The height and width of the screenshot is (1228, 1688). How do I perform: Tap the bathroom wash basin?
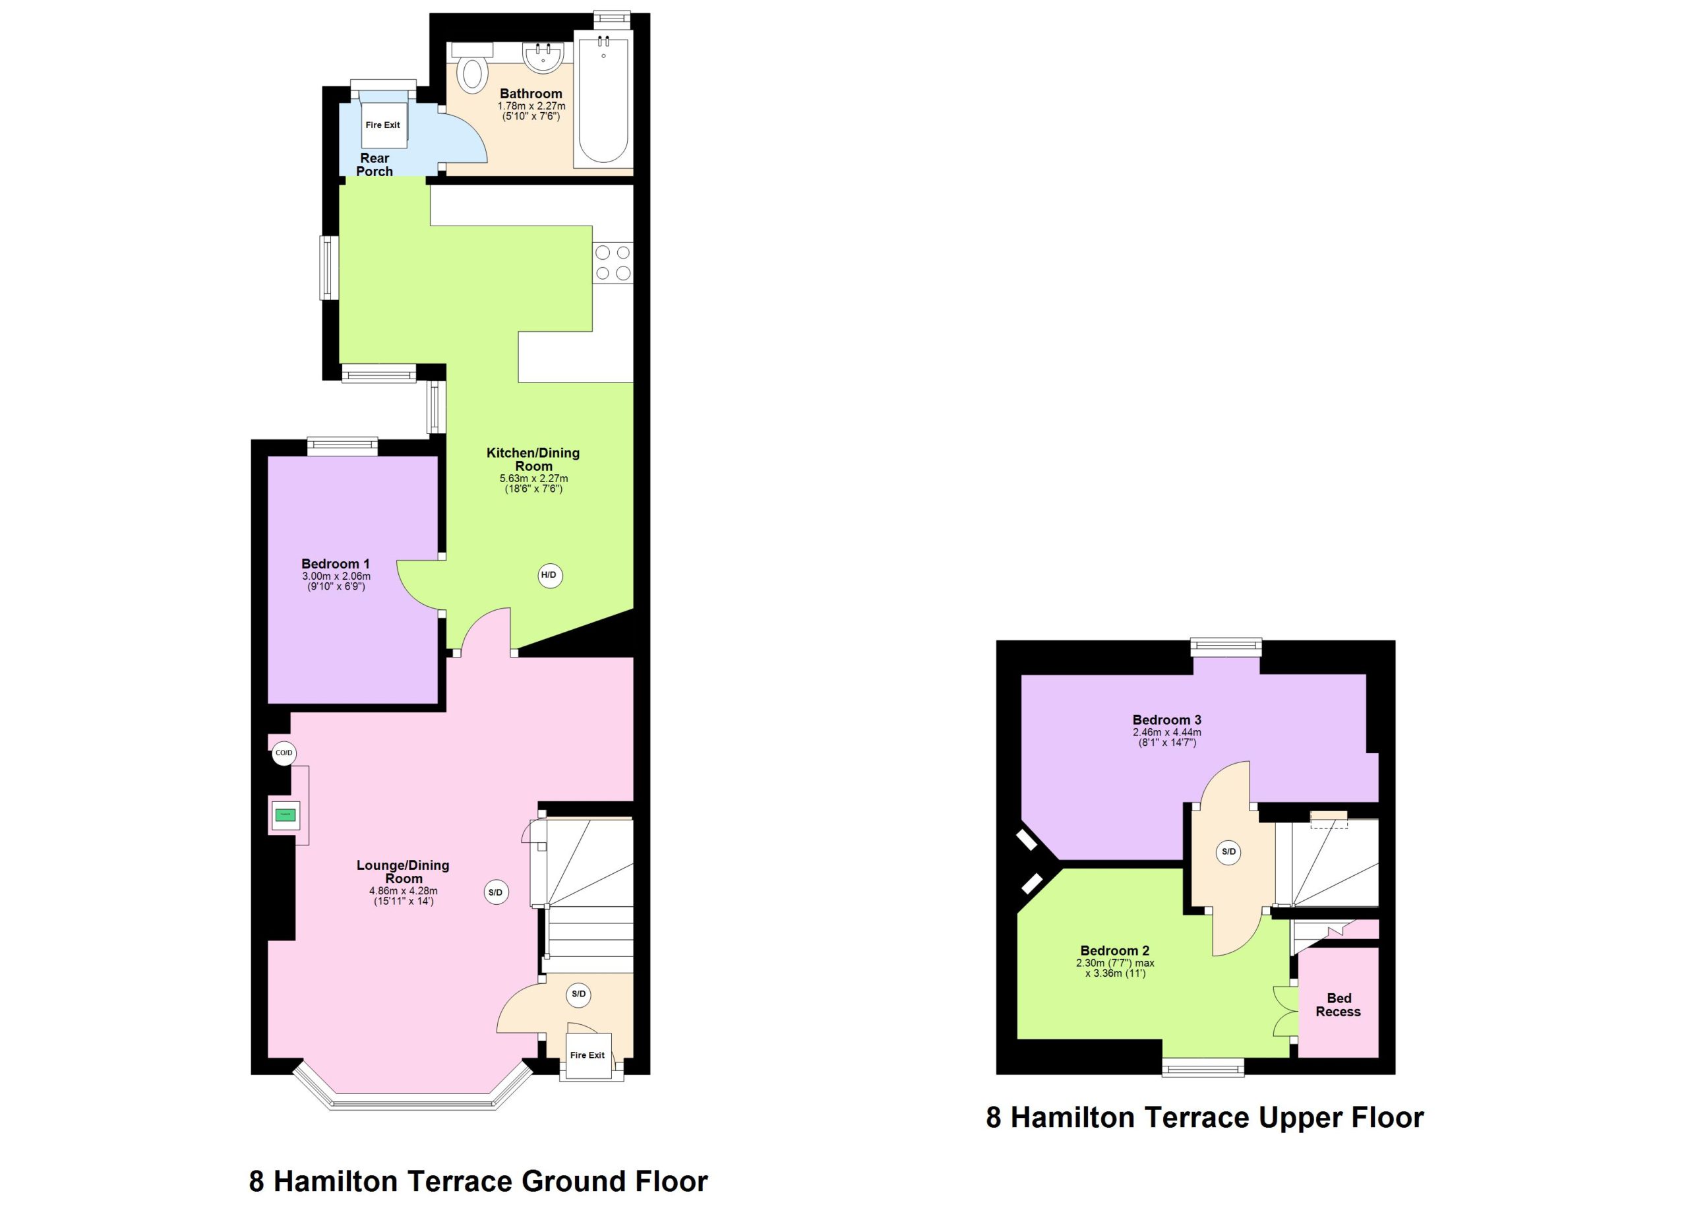click(544, 57)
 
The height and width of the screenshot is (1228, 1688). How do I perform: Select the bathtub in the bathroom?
click(603, 99)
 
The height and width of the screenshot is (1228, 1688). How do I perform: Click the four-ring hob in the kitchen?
click(613, 262)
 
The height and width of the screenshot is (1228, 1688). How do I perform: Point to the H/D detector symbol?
click(550, 574)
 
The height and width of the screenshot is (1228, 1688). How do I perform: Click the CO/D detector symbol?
click(284, 753)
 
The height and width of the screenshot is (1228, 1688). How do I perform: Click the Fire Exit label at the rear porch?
click(382, 125)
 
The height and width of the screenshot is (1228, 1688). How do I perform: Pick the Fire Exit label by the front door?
click(588, 1055)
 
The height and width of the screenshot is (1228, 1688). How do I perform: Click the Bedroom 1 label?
click(335, 564)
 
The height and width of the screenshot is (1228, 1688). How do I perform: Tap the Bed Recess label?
click(1337, 1004)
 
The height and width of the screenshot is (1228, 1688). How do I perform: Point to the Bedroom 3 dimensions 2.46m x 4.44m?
click(1167, 731)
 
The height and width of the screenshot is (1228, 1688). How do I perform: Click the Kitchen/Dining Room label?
click(533, 459)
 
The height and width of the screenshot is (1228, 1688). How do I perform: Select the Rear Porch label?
click(375, 164)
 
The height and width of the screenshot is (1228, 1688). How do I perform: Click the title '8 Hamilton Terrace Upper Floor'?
click(1205, 1117)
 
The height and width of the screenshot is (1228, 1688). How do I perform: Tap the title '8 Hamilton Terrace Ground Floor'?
click(478, 1181)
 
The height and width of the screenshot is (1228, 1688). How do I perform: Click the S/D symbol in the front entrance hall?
click(578, 995)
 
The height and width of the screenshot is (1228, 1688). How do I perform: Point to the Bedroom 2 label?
click(1115, 950)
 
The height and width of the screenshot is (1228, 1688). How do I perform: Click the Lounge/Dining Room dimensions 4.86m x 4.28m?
click(404, 891)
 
